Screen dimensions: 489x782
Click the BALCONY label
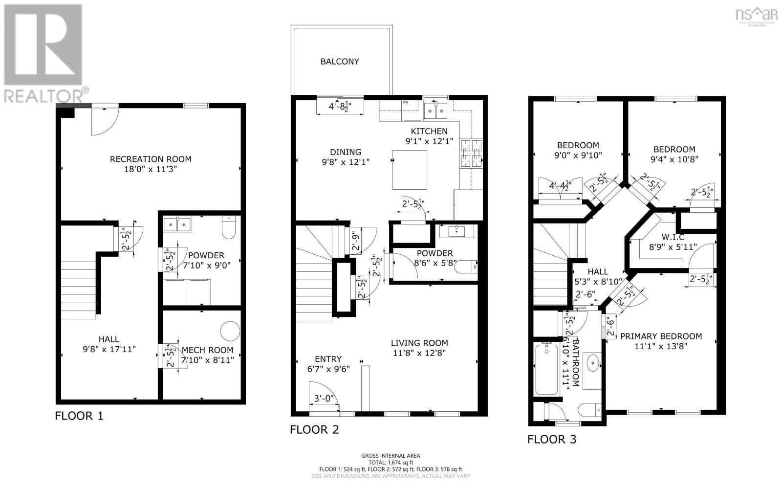point(340,62)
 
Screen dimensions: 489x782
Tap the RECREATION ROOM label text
point(150,159)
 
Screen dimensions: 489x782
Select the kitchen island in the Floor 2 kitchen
point(410,170)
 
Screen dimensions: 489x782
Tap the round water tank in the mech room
point(230,331)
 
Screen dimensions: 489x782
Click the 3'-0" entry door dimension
point(323,399)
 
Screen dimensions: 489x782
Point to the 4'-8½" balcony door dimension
point(340,106)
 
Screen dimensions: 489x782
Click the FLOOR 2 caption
point(314,430)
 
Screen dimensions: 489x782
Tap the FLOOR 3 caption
point(552,440)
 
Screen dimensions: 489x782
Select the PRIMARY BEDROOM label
point(661,336)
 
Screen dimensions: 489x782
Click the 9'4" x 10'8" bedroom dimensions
point(673,159)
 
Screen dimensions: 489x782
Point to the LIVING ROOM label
point(419,343)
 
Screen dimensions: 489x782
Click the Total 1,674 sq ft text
point(391,462)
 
